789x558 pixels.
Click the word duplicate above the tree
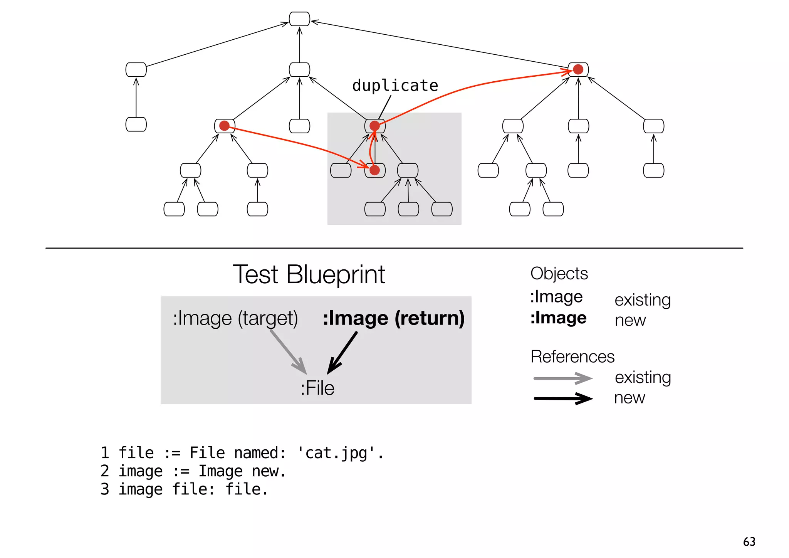tap(395, 86)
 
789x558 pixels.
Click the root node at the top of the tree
tap(299, 19)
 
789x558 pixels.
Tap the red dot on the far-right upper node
tap(578, 69)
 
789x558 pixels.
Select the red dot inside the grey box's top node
tap(374, 126)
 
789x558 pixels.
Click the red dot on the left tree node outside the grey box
tap(224, 126)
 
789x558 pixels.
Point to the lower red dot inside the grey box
tap(374, 170)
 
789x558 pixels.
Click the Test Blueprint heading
tap(309, 275)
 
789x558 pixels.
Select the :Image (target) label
tap(235, 318)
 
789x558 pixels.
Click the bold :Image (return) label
tap(393, 318)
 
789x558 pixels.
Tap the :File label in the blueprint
tap(317, 388)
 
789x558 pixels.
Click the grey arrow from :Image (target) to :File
tap(288, 351)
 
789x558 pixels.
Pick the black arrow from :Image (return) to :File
tap(342, 353)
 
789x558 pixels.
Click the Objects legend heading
tap(559, 274)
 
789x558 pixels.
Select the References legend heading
tap(572, 357)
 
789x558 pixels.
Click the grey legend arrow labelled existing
tap(562, 378)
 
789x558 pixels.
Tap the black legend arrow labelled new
tap(562, 398)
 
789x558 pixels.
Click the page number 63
tap(749, 542)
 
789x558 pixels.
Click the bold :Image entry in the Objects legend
tap(558, 318)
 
